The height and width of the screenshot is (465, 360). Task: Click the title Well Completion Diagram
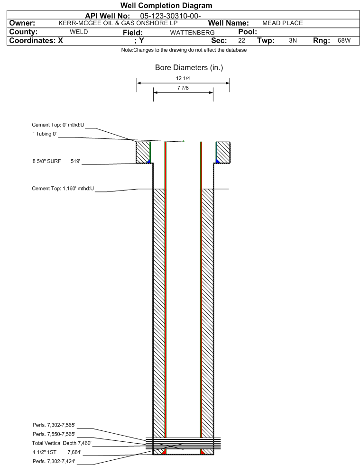coord(166,5)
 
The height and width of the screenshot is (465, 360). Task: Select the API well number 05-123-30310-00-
coord(170,16)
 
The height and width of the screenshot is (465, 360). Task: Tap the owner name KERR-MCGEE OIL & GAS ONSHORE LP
coord(118,23)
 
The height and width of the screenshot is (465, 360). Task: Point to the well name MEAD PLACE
coord(283,23)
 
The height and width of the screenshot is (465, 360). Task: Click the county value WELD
coord(79,32)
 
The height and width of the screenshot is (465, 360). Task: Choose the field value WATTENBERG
coord(192,32)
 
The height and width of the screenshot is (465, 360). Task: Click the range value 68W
coord(344,41)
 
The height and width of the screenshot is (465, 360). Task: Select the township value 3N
coord(293,41)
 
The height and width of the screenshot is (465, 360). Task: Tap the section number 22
coord(241,41)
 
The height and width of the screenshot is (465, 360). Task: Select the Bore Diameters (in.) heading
coord(189,68)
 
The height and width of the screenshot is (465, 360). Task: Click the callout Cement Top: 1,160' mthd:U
coord(63,189)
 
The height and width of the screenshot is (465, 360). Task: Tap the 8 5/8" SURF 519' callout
coord(56,161)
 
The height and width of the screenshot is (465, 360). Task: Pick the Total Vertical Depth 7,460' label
coord(62,443)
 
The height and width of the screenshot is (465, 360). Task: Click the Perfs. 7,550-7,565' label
coord(54,434)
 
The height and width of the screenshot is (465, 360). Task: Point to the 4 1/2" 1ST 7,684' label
coord(57,452)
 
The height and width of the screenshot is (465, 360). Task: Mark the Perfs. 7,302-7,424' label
coord(54,461)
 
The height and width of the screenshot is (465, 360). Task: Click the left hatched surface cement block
coord(143,152)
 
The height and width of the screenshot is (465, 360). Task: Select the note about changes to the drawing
coord(184,50)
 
